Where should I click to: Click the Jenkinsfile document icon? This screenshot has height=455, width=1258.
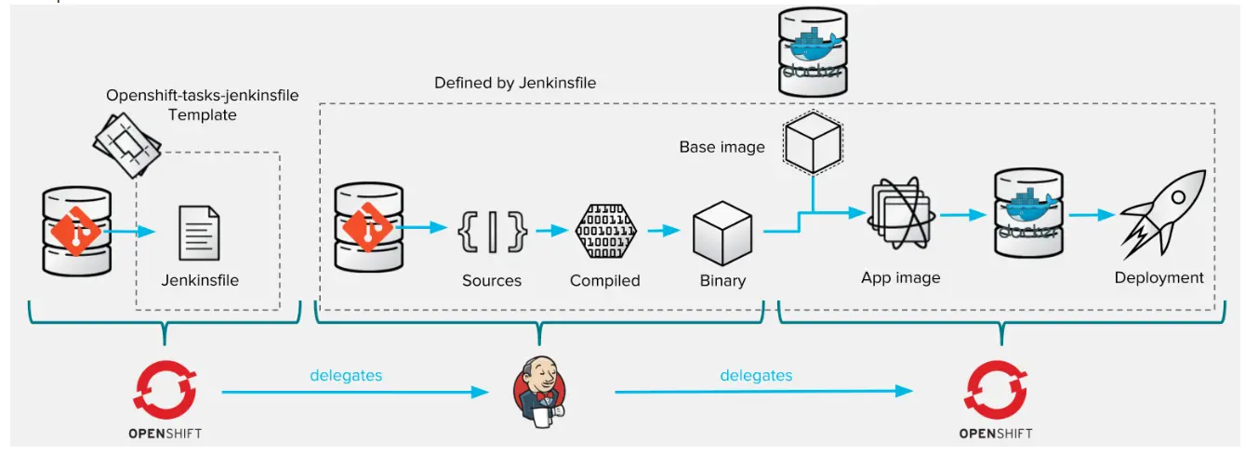[200, 233]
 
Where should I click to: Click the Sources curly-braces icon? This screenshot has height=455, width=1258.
[492, 232]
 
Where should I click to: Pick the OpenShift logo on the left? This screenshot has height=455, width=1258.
[165, 390]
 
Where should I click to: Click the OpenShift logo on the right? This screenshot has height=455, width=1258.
[996, 390]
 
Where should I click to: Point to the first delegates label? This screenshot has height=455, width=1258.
[346, 376]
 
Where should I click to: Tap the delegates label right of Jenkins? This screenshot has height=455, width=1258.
[756, 376]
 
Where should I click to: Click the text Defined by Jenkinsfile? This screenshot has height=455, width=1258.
[515, 83]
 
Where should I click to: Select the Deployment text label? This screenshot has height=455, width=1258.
[1159, 277]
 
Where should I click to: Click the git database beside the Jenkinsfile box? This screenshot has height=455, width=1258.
[76, 231]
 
